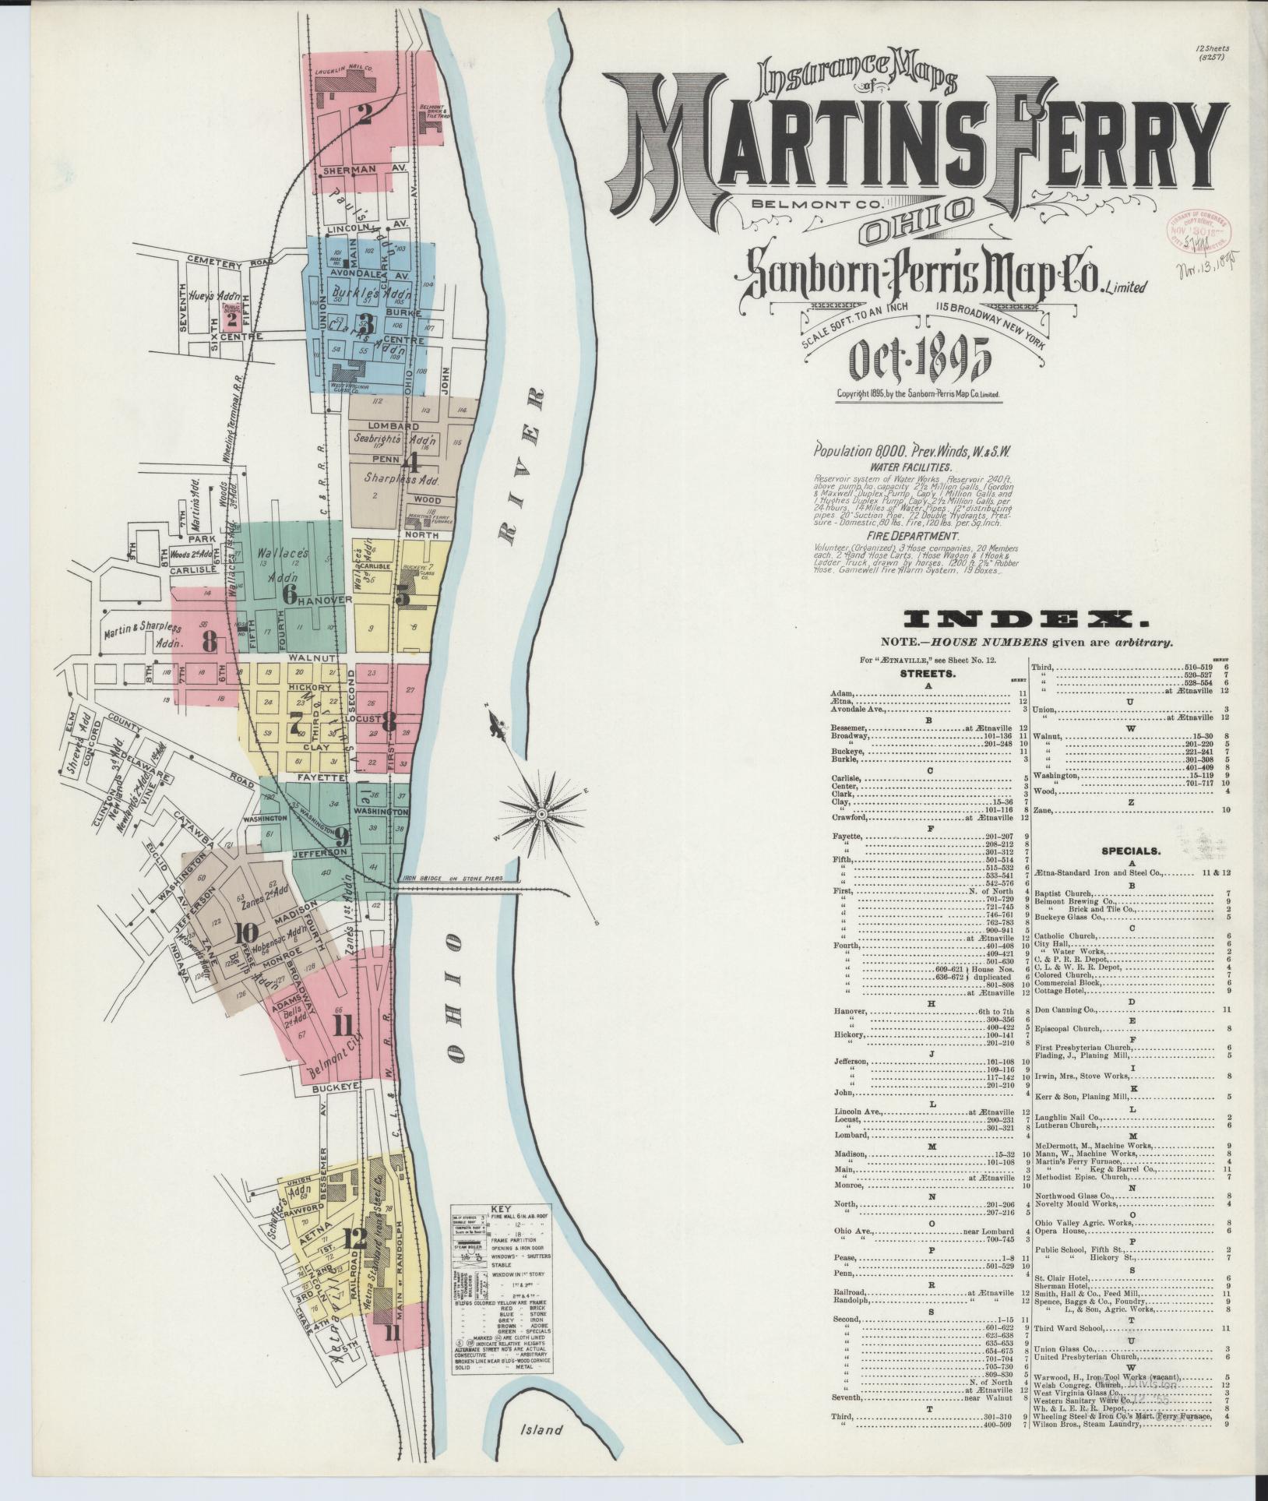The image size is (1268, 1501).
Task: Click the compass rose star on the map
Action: [x=540, y=813]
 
